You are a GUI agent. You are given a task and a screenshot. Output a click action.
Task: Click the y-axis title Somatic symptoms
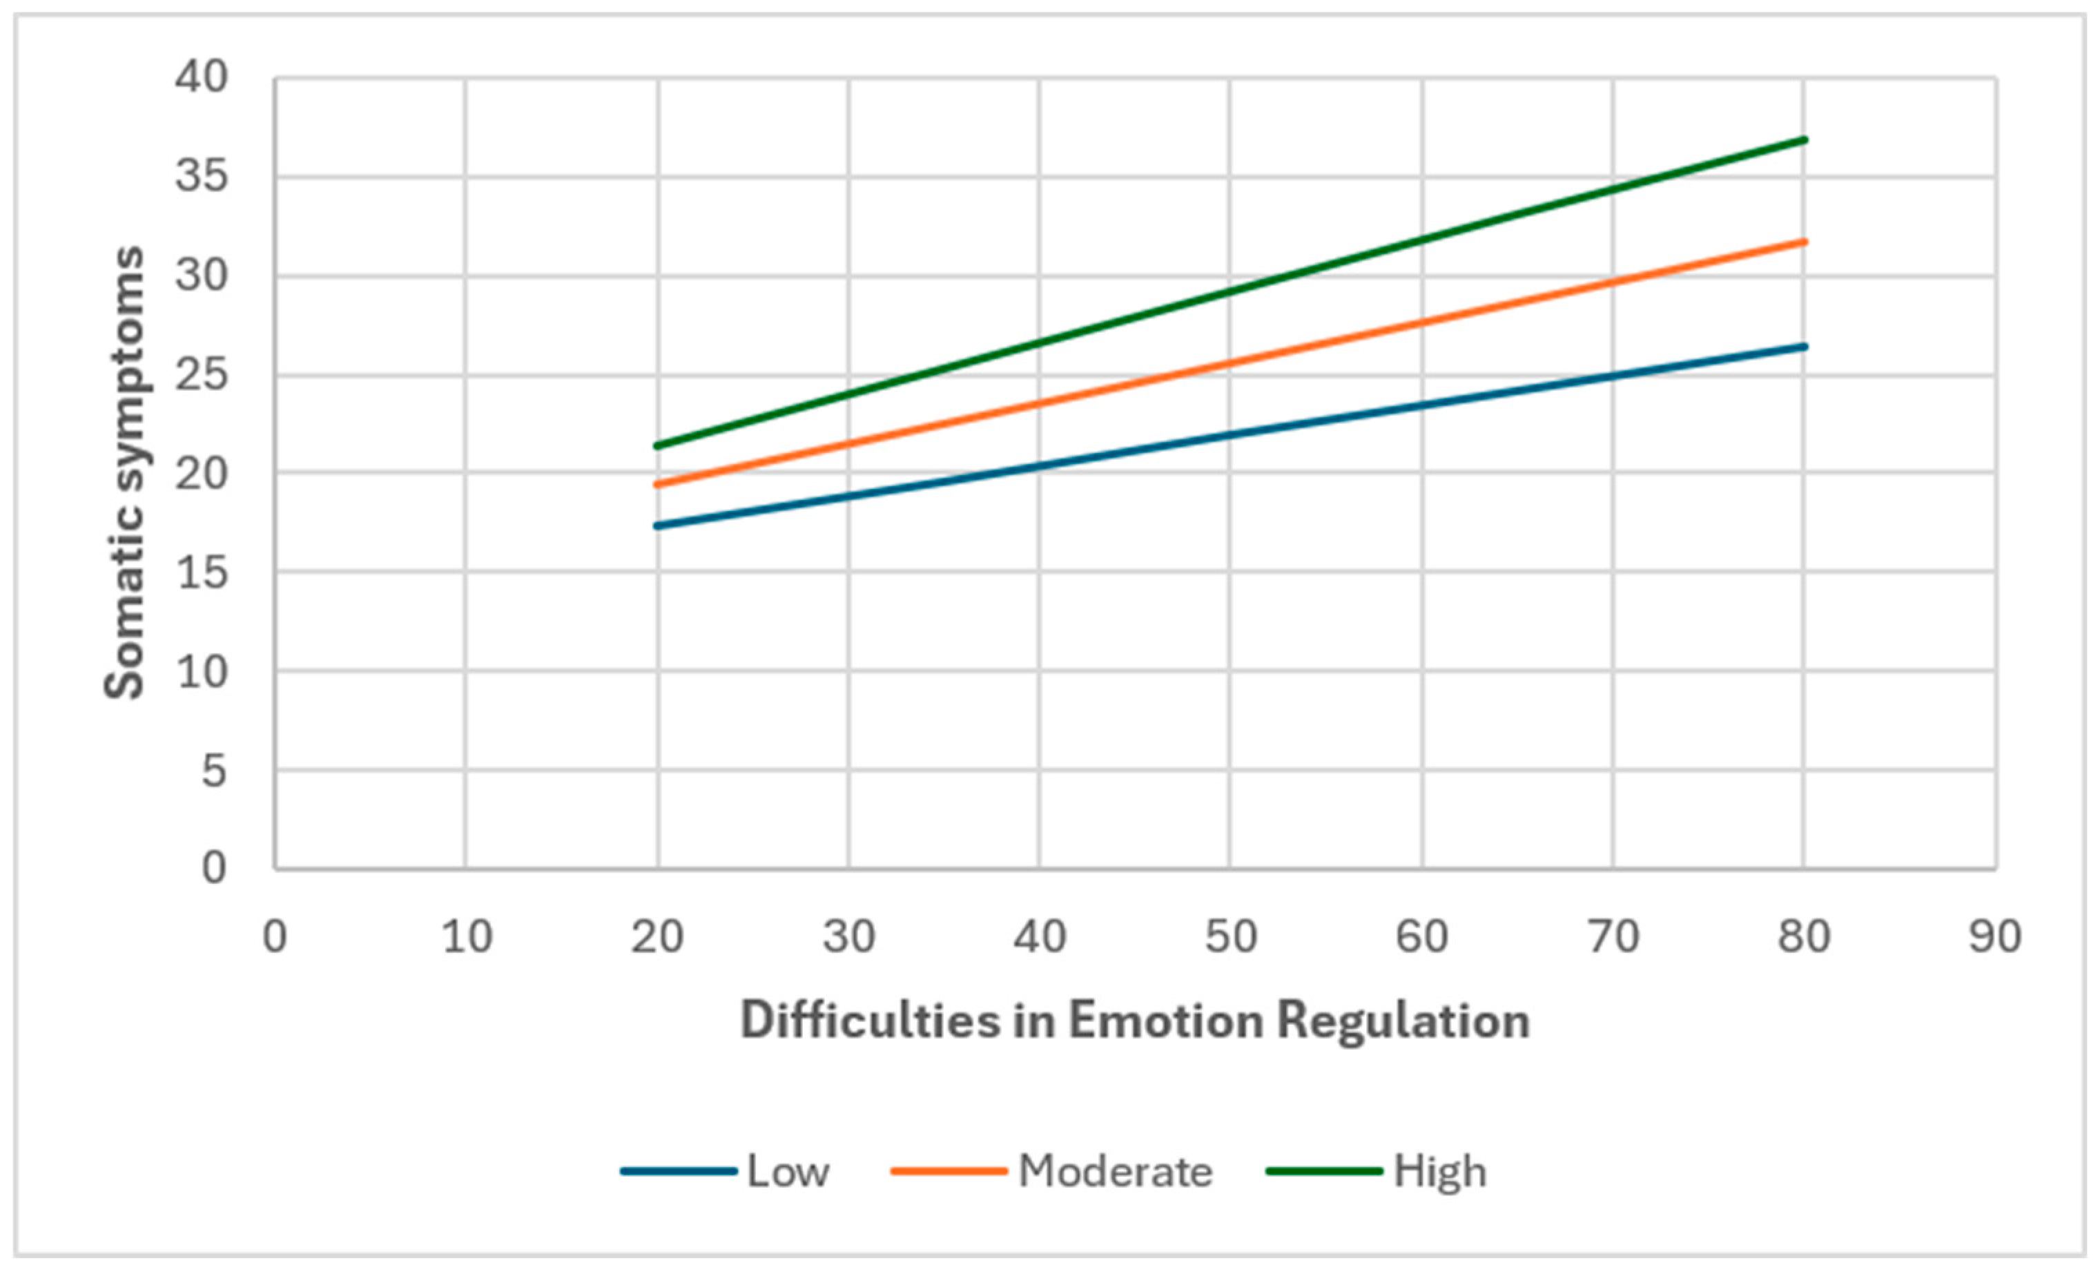(124, 472)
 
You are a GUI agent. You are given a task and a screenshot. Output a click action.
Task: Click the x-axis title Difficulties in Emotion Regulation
(1135, 1021)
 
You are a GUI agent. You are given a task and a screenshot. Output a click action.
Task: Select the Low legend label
(788, 1171)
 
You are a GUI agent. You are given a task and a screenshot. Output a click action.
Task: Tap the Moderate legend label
(1116, 1171)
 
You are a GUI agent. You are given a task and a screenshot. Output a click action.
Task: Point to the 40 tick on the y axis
(202, 77)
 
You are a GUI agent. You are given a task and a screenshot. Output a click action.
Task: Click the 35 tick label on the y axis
(202, 177)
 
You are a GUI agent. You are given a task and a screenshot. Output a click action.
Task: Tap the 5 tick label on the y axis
(215, 771)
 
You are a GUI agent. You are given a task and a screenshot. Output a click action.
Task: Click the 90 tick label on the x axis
(1995, 938)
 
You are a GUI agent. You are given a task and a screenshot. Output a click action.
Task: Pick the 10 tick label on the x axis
(467, 938)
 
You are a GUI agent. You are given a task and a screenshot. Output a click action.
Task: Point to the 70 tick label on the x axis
(1613, 938)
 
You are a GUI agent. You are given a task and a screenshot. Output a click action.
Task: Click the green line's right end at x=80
(1805, 139)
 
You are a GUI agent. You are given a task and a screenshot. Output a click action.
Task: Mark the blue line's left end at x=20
(657, 526)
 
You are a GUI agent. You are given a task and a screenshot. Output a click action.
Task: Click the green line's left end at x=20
(657, 446)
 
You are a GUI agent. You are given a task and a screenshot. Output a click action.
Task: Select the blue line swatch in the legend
(679, 1171)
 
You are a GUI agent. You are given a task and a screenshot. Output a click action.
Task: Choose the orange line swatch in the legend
(949, 1171)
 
